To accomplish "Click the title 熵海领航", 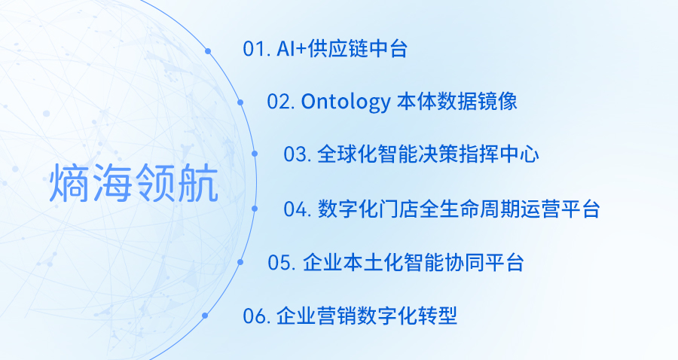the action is click(x=133, y=183).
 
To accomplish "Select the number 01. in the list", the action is click(x=257, y=49).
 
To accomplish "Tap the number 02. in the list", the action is click(x=281, y=102).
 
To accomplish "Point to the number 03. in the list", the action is click(x=298, y=154).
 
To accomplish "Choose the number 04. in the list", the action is click(x=298, y=209).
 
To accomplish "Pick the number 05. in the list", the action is click(x=282, y=263).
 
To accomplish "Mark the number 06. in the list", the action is click(x=257, y=316).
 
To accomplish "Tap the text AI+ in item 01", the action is click(x=292, y=49).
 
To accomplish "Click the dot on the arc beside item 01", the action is click(x=208, y=51).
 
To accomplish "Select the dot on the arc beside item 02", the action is click(x=240, y=102).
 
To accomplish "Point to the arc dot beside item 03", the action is click(x=255, y=154).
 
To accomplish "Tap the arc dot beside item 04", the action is click(x=255, y=209).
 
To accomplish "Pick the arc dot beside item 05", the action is click(x=240, y=261).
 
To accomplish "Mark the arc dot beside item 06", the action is click(x=205, y=316).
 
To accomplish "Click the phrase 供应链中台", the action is click(x=357, y=48).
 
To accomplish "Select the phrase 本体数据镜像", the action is click(x=457, y=102).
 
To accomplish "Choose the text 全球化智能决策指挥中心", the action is click(x=428, y=154).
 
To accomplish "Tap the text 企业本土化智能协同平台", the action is click(x=414, y=263).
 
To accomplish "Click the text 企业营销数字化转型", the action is click(x=367, y=316).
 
